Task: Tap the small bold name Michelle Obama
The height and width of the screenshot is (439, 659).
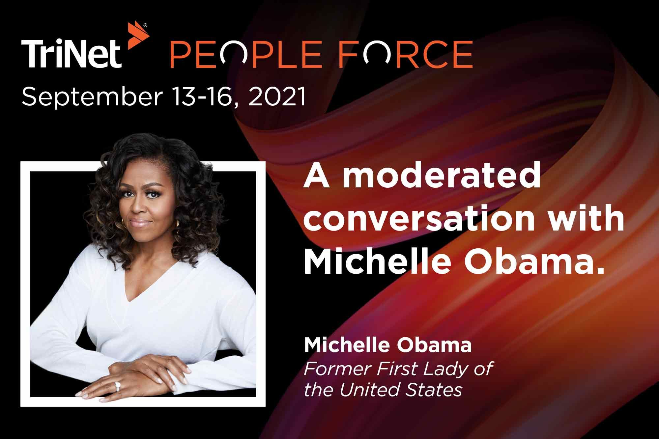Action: coord(387,346)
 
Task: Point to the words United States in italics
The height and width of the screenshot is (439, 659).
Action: coord(401,390)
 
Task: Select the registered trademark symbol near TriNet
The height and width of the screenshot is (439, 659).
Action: coord(145,25)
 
